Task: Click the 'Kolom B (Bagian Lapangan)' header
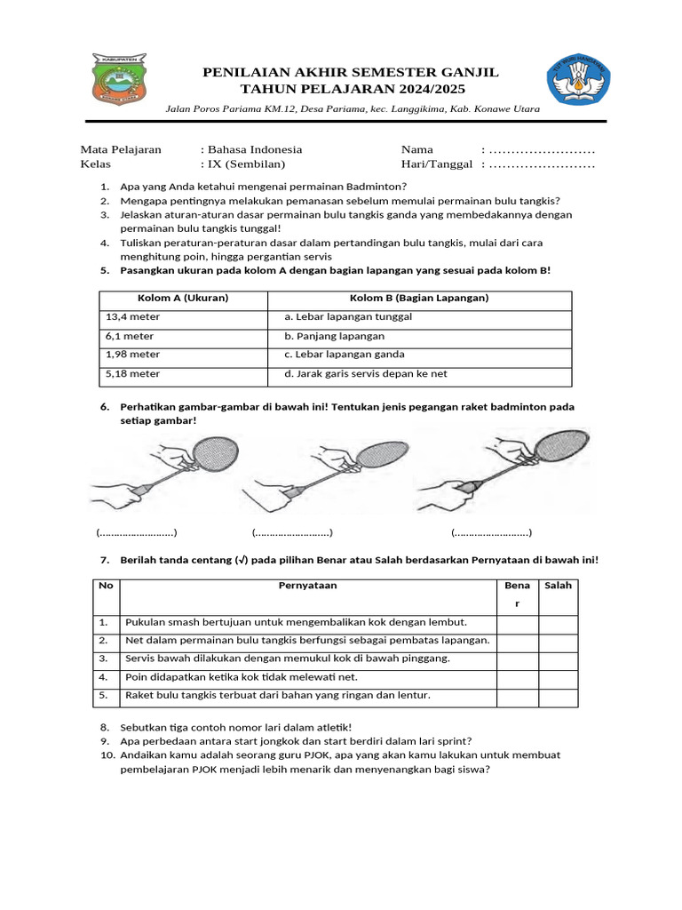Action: (419, 298)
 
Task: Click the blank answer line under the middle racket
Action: (291, 533)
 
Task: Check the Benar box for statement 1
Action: (517, 622)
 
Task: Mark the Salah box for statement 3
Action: (558, 659)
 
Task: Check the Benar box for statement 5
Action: (517, 695)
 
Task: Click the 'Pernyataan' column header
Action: (307, 586)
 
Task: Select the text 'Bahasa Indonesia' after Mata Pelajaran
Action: (255, 149)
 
